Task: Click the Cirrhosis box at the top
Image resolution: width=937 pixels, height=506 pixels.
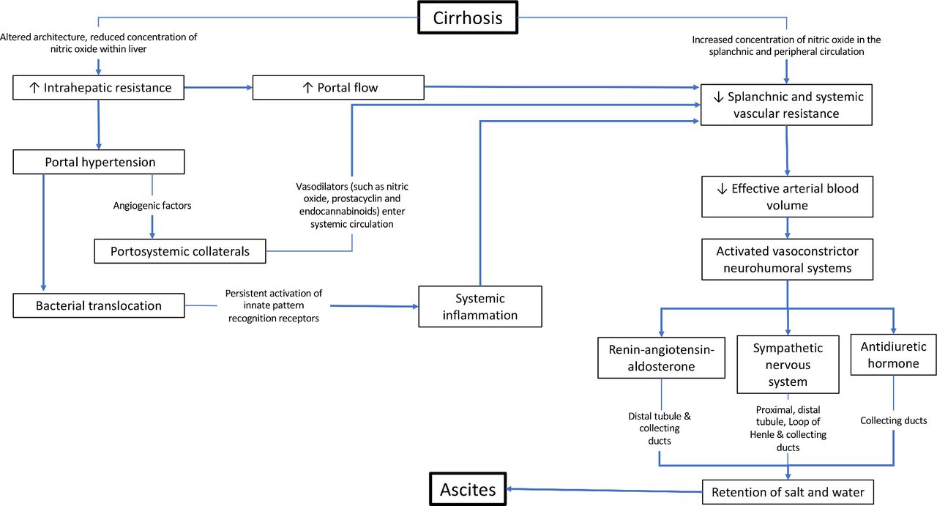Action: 468,18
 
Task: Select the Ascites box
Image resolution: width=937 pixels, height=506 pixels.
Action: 468,489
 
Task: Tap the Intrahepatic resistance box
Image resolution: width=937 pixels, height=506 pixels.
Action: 98,87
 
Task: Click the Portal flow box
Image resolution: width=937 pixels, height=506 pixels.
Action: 338,87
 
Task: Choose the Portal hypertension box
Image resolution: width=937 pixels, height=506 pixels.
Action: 99,162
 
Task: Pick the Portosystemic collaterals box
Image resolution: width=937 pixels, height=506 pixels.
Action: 180,251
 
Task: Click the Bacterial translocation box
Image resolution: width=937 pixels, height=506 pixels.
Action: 99,305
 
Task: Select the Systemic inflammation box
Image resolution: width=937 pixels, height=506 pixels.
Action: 480,306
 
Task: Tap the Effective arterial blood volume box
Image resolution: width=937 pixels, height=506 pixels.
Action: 787,197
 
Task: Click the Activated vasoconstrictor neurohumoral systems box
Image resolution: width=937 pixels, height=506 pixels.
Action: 787,259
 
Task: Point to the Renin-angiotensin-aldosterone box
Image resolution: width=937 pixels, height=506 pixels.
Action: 661,358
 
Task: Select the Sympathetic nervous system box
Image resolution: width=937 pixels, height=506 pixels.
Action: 788,365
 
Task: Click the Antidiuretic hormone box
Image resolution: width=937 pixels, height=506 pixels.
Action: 894,354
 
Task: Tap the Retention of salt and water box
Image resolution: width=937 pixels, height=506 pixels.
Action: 788,492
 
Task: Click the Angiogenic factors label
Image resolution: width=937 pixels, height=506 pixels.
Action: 152,206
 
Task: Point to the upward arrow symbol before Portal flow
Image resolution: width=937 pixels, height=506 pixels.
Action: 307,87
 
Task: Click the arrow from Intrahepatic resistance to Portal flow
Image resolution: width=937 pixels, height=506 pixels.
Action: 218,87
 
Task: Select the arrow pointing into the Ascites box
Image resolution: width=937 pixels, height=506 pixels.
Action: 604,490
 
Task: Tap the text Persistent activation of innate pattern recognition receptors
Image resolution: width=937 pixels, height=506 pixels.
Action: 274,305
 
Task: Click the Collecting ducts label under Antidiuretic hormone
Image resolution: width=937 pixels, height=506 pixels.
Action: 894,420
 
